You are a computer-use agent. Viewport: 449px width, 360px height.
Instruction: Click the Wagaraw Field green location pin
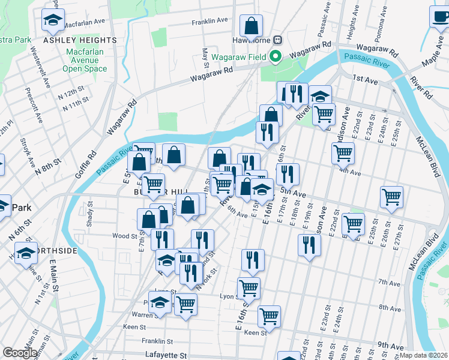276,57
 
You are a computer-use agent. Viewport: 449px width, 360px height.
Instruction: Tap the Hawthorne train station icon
277,40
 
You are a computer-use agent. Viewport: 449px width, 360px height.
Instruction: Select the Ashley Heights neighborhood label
80,40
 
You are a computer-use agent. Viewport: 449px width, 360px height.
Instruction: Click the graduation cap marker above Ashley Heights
53,21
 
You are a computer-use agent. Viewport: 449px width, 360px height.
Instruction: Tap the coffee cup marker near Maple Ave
440,17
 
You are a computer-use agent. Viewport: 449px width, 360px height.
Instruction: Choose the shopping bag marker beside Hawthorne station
251,26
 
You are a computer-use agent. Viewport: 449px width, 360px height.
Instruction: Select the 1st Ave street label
364,79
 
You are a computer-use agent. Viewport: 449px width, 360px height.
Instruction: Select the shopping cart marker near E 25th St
391,197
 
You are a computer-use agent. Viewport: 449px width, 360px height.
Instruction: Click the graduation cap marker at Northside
26,253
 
